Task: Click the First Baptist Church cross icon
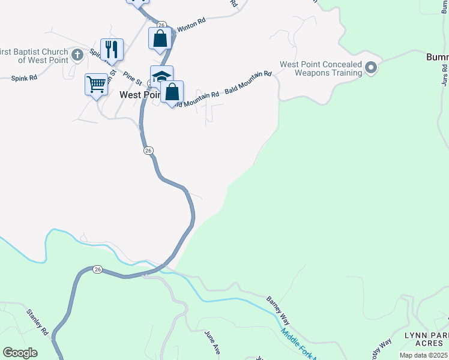(x=77, y=56)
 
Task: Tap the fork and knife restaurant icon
(x=111, y=49)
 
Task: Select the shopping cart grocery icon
(x=96, y=85)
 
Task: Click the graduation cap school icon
(x=161, y=76)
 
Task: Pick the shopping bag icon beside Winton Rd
(x=160, y=39)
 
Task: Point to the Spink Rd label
(x=25, y=78)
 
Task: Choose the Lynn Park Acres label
(x=426, y=338)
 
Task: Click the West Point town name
(x=139, y=95)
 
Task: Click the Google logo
(x=20, y=352)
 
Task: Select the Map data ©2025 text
(x=424, y=355)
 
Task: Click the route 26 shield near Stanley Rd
(x=97, y=270)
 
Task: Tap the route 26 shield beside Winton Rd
(x=161, y=25)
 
